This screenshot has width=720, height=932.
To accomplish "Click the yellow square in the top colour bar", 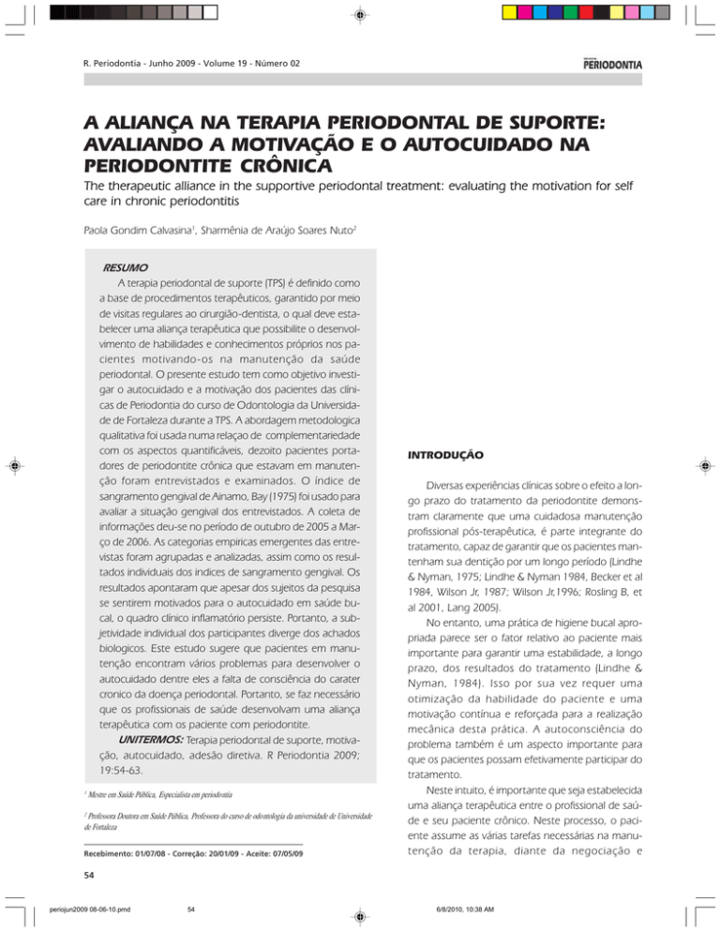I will (511, 13).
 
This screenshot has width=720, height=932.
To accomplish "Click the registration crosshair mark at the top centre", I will (359, 15).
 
